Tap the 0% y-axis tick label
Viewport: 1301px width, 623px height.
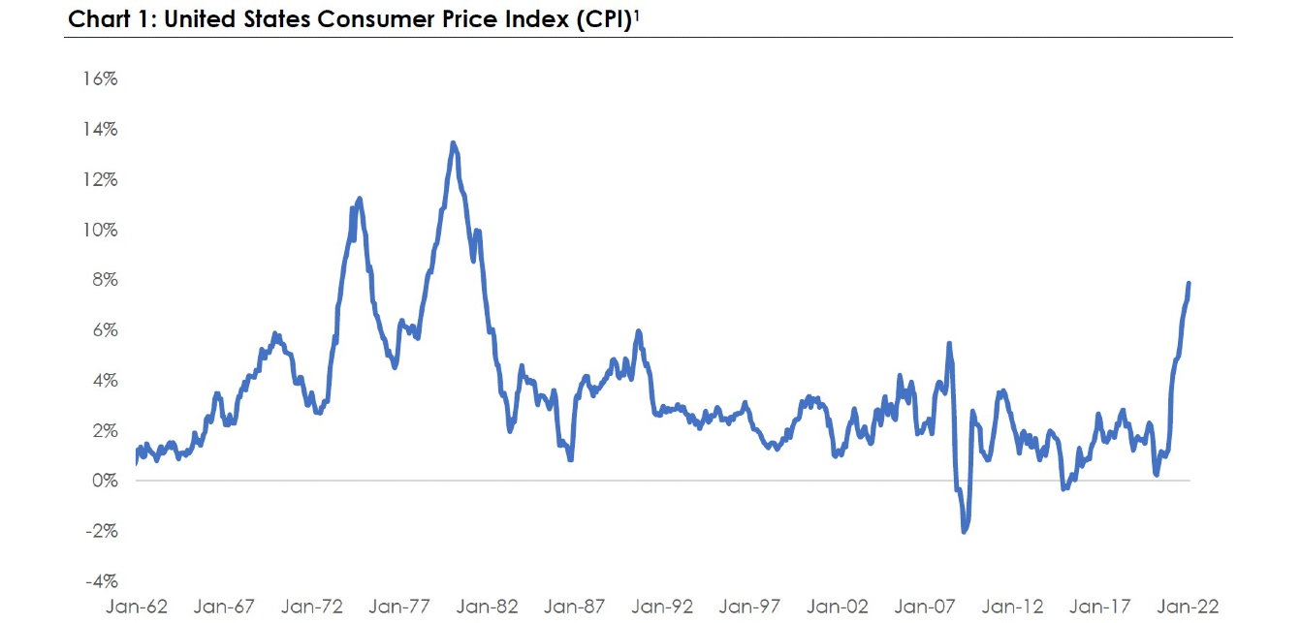coord(105,482)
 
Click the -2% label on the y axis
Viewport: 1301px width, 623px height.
coord(101,532)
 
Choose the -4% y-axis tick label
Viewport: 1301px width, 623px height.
coord(101,582)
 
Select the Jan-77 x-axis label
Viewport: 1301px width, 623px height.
coord(401,607)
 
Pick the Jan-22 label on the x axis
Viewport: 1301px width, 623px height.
coord(1190,607)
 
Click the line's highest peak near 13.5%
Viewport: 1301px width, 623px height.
coord(454,142)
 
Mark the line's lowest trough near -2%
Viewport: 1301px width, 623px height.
coord(964,532)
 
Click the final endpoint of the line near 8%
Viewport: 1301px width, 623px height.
coord(1190,283)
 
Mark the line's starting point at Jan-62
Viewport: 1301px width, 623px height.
coord(136,462)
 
